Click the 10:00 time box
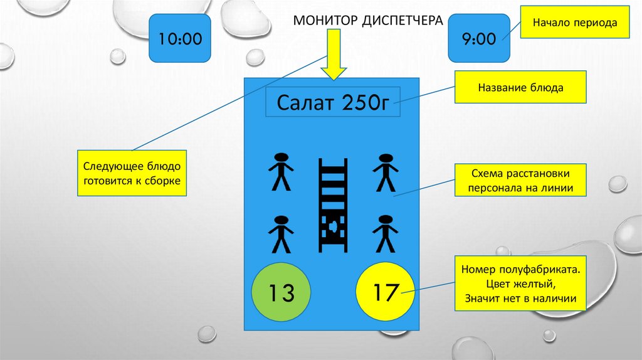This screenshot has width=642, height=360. pyautogui.click(x=179, y=39)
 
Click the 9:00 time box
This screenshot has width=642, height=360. pyautogui.click(x=480, y=39)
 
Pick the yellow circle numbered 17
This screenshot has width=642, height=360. pyautogui.click(x=385, y=292)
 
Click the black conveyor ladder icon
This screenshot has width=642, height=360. pyautogui.click(x=332, y=205)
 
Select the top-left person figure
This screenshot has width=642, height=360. pyautogui.click(x=281, y=172)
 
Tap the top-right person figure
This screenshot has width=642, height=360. pyautogui.click(x=384, y=172)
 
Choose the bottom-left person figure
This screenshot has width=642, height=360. pyautogui.click(x=281, y=234)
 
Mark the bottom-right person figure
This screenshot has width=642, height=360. pyautogui.click(x=384, y=234)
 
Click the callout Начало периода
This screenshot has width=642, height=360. pyautogui.click(x=575, y=23)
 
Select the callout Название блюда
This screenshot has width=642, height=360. pyautogui.click(x=521, y=88)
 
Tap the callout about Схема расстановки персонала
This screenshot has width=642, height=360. pyautogui.click(x=521, y=181)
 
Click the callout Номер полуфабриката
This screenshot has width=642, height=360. pyautogui.click(x=521, y=283)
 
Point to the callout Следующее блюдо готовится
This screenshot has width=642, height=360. pyautogui.click(x=132, y=173)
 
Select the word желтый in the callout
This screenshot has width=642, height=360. pyautogui.click(x=535, y=284)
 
